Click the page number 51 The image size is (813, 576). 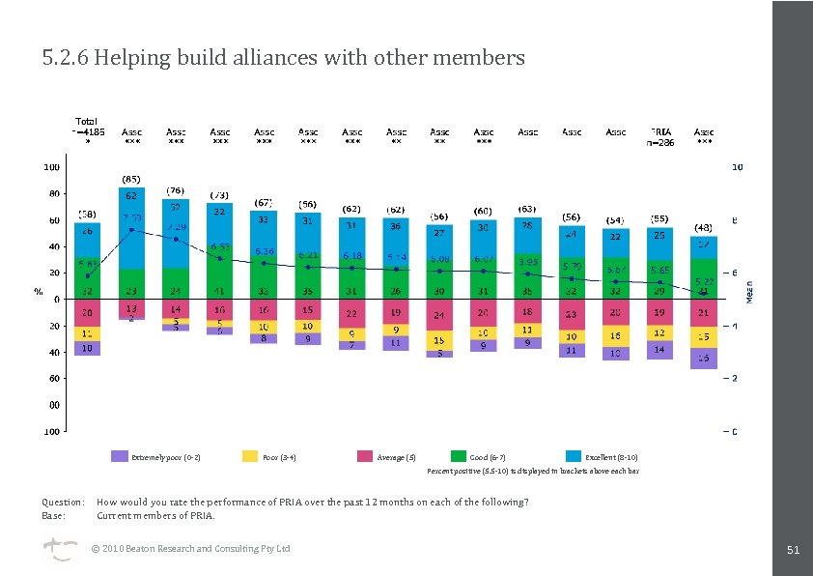pyautogui.click(x=793, y=550)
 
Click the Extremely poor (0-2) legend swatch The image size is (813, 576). pyautogui.click(x=120, y=456)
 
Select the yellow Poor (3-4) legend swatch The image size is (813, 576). pyautogui.click(x=250, y=456)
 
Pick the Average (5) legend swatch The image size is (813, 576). pyautogui.click(x=364, y=456)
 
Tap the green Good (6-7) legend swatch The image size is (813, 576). pyautogui.click(x=459, y=456)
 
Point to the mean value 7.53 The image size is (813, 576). pyautogui.click(x=131, y=218)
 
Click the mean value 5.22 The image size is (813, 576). pyautogui.click(x=704, y=280)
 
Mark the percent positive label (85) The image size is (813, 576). pyautogui.click(x=131, y=179)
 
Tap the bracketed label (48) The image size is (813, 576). pyautogui.click(x=704, y=228)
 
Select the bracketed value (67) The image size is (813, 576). pyautogui.click(x=264, y=202)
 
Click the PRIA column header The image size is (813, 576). pyautogui.click(x=660, y=131)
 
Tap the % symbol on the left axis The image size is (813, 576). pyautogui.click(x=39, y=290)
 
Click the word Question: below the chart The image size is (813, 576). pyautogui.click(x=63, y=503)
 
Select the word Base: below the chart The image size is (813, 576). pyautogui.click(x=54, y=515)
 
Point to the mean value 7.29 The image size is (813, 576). pyautogui.click(x=176, y=227)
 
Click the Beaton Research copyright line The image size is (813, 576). pyautogui.click(x=190, y=549)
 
